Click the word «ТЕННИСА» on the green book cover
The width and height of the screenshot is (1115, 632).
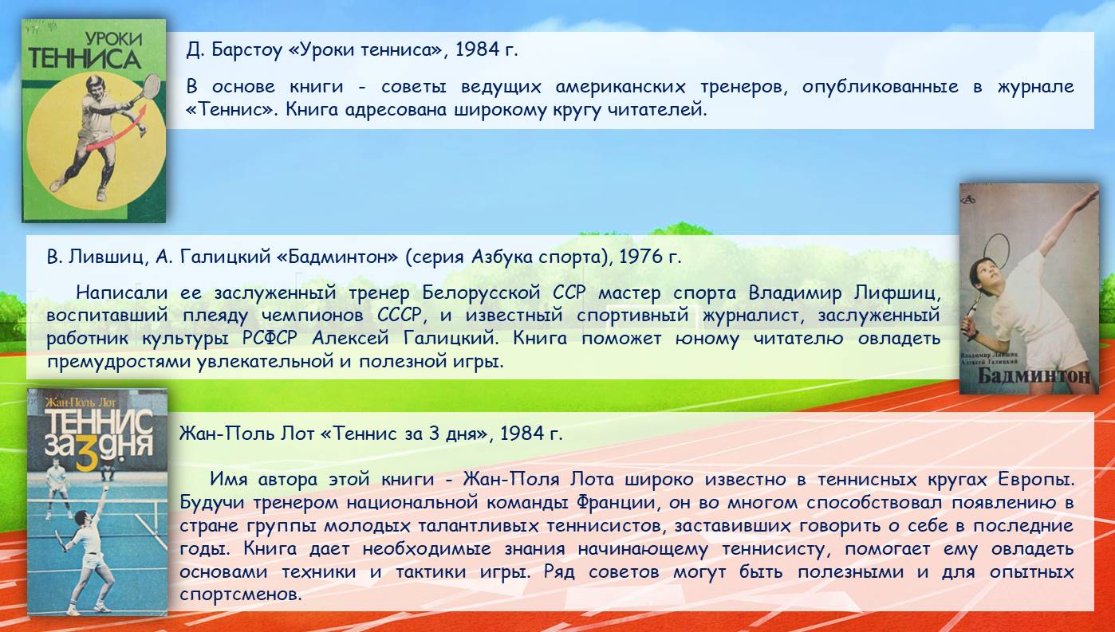[x=84, y=59]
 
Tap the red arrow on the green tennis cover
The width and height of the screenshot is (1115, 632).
[x=117, y=129]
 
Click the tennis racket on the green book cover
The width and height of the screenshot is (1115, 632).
[x=149, y=89]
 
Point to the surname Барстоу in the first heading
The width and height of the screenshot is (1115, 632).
[x=247, y=50]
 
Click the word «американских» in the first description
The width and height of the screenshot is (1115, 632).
[x=621, y=87]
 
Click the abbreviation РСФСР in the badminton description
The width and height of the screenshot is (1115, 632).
[x=270, y=338]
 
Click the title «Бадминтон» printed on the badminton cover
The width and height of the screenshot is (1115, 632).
[x=1034, y=376]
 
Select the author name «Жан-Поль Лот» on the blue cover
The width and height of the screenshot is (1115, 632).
[x=80, y=402]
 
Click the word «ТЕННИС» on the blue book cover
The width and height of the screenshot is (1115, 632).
[x=98, y=422]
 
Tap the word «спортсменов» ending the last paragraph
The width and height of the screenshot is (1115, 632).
[x=240, y=595]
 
